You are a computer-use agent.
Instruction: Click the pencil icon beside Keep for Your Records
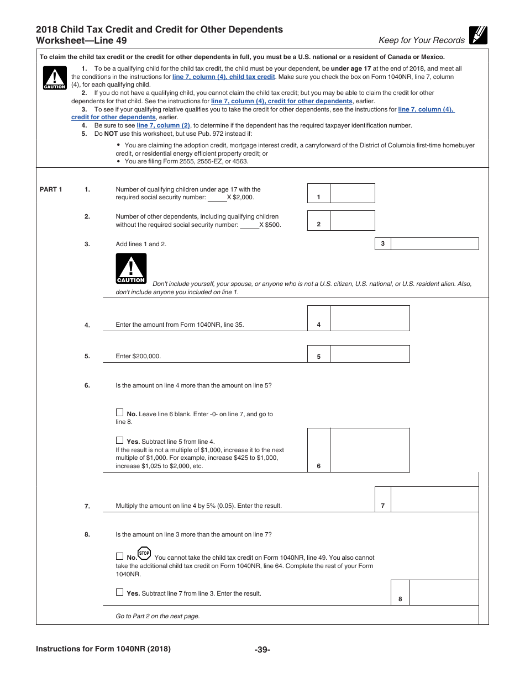click(478, 35)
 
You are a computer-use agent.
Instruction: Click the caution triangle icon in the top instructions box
click(54, 78)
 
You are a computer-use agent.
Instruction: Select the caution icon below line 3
click(131, 268)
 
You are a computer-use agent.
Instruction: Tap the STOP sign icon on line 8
click(144, 554)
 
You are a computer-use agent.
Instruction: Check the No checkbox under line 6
click(119, 412)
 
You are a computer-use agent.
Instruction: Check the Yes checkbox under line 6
click(119, 441)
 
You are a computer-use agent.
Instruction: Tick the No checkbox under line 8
click(119, 556)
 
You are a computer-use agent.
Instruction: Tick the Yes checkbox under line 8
click(119, 592)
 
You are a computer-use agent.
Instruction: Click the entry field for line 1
click(352, 193)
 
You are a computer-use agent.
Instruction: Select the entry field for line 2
click(352, 220)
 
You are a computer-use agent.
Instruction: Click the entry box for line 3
click(434, 243)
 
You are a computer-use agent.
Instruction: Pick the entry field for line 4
click(369, 319)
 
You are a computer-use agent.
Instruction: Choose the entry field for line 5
click(369, 354)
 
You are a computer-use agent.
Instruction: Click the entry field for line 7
click(434, 500)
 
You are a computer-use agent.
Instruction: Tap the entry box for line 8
click(444, 593)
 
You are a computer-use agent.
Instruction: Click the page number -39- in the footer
click(262, 650)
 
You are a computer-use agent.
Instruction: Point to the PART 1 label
click(51, 189)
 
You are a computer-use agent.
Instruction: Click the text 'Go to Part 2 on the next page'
click(158, 616)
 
